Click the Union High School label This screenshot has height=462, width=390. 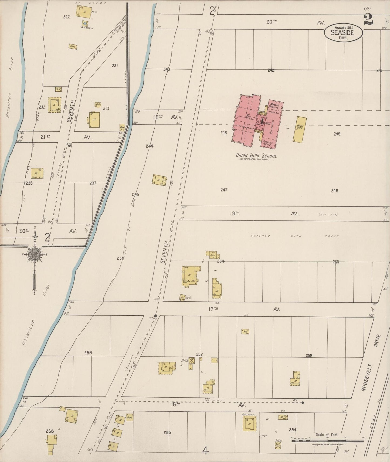[x=256, y=156]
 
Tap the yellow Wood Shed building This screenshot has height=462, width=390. [x=300, y=129]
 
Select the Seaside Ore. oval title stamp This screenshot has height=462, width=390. [x=343, y=33]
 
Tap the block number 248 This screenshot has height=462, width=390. [x=337, y=134]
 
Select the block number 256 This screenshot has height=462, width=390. [x=88, y=353]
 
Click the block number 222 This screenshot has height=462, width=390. [x=66, y=17]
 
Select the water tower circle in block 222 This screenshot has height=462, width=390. [x=85, y=23]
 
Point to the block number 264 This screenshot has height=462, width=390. [x=293, y=430]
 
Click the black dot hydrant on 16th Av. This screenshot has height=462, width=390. [x=303, y=403]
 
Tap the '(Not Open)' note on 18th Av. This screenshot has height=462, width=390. [x=328, y=215]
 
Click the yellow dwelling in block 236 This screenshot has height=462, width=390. [x=37, y=173]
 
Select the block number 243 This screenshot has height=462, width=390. [x=167, y=69]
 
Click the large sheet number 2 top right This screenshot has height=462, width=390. [x=368, y=19]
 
